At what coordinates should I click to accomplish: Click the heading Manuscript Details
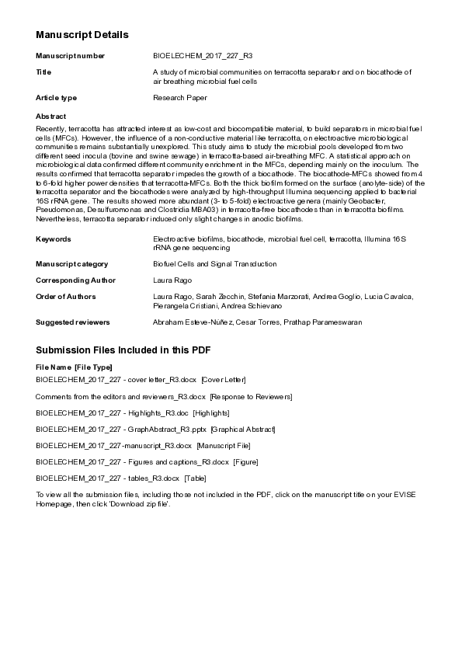(x=82, y=35)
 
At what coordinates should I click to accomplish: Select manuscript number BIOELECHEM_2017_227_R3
(x=203, y=56)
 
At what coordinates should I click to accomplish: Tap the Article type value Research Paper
(x=180, y=98)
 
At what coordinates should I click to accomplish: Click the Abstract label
(x=51, y=116)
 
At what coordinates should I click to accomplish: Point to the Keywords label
(x=54, y=239)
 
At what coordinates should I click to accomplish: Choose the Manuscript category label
(x=72, y=264)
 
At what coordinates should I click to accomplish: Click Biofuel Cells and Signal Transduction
(x=214, y=264)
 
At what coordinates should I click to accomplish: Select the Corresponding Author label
(x=75, y=280)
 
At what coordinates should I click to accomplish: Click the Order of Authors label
(x=66, y=297)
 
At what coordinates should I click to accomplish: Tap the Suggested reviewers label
(x=73, y=322)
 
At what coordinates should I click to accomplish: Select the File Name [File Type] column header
(x=74, y=367)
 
